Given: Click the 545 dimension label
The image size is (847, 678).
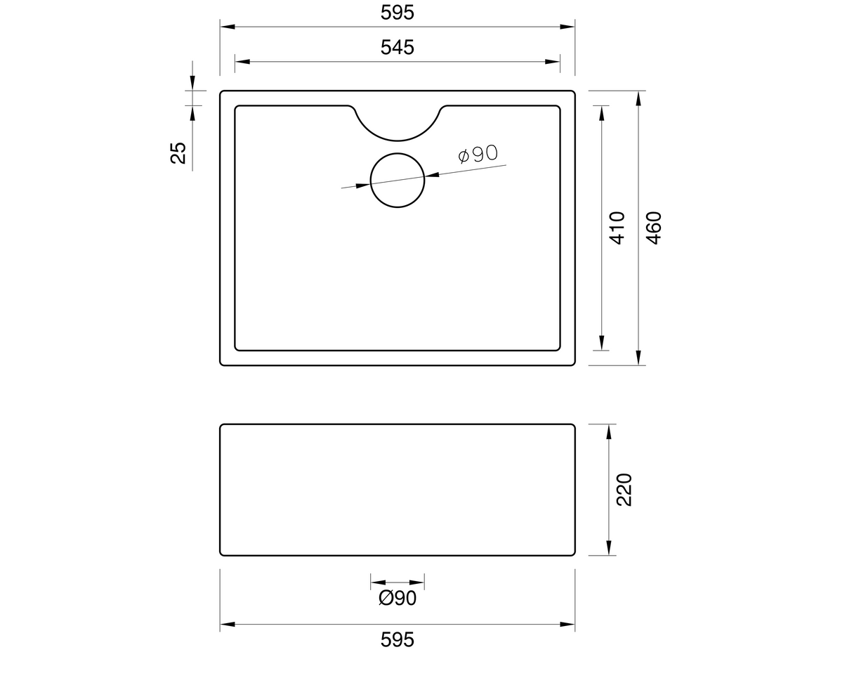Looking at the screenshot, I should click(x=398, y=47).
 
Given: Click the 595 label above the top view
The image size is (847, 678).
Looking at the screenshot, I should click(x=398, y=13).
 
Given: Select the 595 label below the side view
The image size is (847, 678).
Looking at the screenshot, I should click(x=398, y=639).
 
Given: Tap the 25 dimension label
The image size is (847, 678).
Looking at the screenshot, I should click(x=179, y=152).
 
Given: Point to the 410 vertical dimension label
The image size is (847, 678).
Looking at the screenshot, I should click(x=617, y=227).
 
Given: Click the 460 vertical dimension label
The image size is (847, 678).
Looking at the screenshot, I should click(x=654, y=227).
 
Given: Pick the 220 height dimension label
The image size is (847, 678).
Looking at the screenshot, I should click(x=624, y=489).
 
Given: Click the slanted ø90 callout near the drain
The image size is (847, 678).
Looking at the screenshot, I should click(x=478, y=154).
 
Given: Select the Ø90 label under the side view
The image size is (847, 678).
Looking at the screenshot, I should click(x=398, y=598).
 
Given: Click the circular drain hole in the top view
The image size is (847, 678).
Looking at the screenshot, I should click(x=398, y=181).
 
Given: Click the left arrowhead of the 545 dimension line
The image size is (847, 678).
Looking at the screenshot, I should click(x=242, y=62).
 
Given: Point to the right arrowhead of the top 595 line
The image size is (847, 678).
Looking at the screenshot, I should click(x=567, y=27).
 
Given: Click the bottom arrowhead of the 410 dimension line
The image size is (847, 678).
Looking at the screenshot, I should click(x=602, y=343).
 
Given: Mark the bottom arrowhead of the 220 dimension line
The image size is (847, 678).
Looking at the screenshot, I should click(x=609, y=548).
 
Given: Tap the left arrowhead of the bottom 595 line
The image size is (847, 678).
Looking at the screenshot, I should click(x=228, y=624).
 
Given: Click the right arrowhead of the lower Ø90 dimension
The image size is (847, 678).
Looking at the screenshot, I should click(x=418, y=582).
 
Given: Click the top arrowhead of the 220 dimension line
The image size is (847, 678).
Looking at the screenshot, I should click(x=609, y=431).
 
